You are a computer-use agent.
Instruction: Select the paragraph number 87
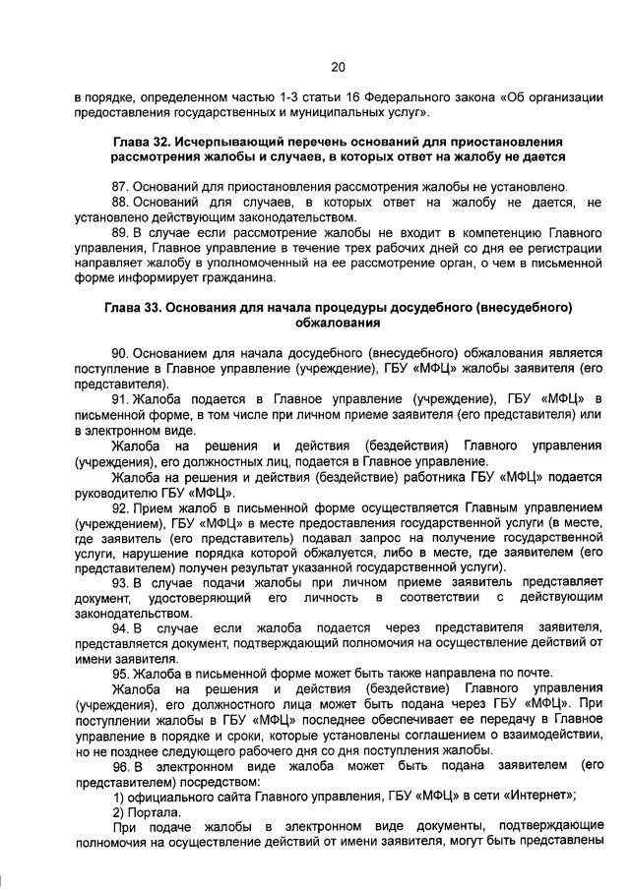121,186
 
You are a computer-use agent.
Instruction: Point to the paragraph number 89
121,232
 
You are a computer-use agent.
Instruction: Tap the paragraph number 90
121,351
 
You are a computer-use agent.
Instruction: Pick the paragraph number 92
121,508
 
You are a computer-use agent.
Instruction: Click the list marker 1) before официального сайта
120,798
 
